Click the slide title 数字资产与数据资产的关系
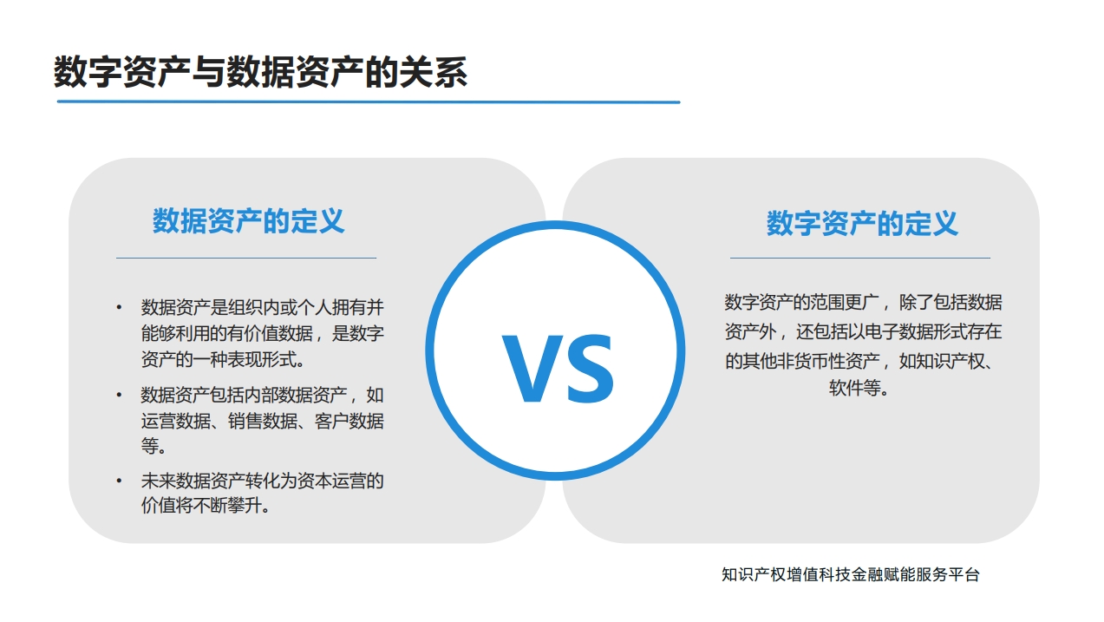click(260, 72)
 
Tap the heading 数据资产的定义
click(248, 221)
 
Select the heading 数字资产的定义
click(862, 223)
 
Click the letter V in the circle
click(532, 369)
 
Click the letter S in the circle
click(590, 369)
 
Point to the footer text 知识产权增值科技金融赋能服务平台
click(850, 574)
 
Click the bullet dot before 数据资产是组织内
click(119, 308)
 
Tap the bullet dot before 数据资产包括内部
click(119, 395)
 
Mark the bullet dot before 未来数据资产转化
click(119, 481)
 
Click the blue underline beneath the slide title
click(369, 102)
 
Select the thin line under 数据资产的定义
click(246, 258)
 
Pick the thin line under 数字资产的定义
click(860, 258)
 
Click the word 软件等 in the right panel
click(854, 389)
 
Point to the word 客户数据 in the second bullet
click(349, 421)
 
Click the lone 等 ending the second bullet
click(150, 446)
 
